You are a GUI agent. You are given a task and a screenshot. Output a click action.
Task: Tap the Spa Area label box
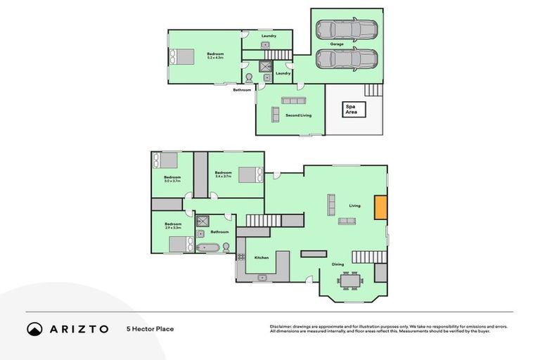350,109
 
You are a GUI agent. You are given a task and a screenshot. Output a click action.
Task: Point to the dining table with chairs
350,280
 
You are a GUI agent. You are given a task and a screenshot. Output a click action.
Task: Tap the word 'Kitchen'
262,258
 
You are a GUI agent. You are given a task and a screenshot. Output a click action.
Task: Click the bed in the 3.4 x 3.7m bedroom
250,174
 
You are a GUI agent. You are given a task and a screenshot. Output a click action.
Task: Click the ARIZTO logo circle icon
34,329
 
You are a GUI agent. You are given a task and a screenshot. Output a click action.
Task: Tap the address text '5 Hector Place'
150,329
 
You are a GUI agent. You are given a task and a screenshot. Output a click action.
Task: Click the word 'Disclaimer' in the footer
281,326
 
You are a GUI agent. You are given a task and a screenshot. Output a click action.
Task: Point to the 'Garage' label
337,44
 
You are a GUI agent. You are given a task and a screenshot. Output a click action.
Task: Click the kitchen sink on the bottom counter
262,277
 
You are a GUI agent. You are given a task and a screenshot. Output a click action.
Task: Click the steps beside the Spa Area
373,90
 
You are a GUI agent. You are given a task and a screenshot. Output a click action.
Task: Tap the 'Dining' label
337,264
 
